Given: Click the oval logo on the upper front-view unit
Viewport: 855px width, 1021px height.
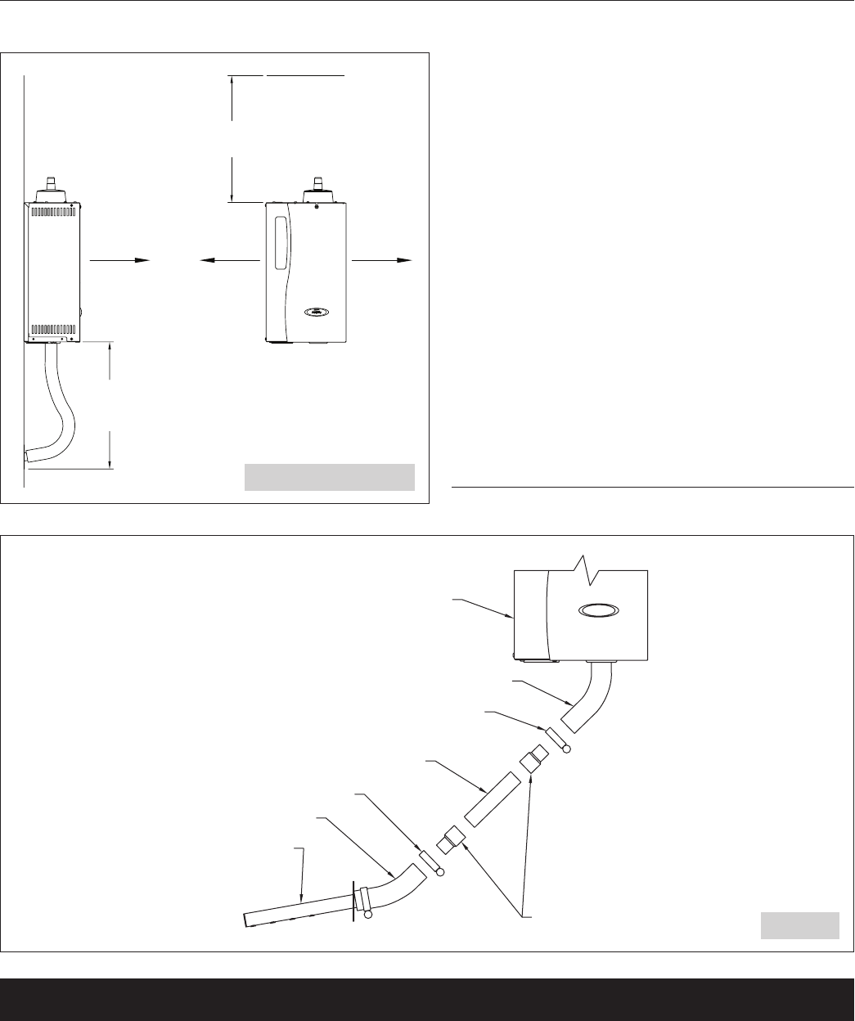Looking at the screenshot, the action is [x=316, y=311].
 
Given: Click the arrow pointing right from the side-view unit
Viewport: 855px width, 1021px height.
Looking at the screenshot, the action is [x=120, y=259].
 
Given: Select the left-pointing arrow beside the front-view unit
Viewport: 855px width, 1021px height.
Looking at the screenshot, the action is [x=230, y=259].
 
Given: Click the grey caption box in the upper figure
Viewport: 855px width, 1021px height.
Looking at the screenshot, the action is [x=330, y=477].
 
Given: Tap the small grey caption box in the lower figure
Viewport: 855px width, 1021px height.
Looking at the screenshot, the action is [x=800, y=924].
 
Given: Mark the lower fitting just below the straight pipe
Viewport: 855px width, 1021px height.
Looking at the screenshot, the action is [x=452, y=841].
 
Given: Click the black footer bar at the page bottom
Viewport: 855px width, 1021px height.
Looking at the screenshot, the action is [x=427, y=999].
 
